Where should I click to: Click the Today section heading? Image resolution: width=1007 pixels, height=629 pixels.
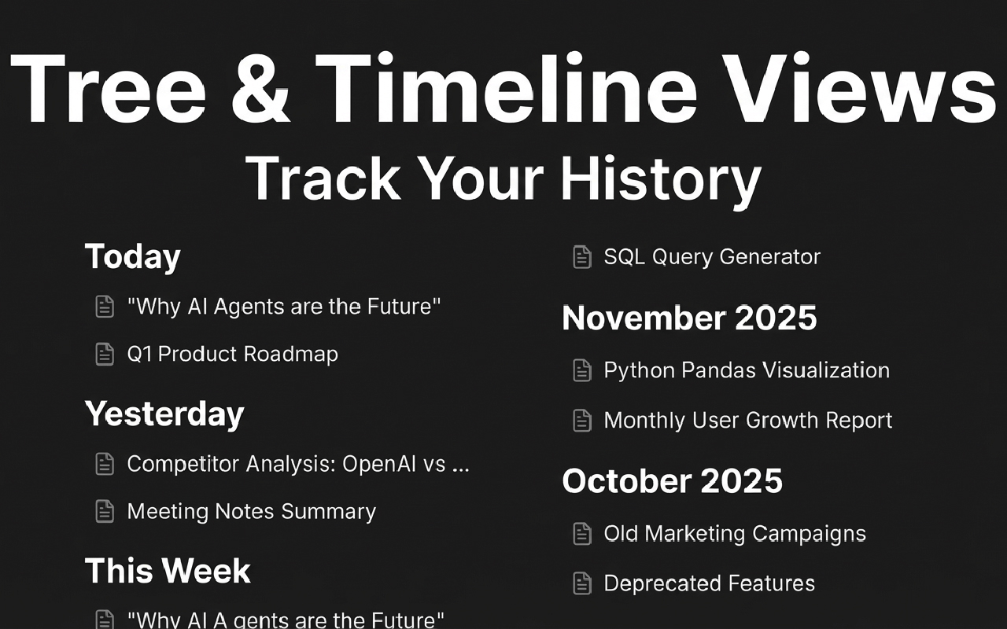[133, 257]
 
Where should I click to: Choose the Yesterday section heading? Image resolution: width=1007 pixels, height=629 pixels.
[164, 414]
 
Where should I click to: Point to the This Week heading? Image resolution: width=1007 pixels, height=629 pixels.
[168, 571]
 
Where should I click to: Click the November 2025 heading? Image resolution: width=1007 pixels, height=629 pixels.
[689, 318]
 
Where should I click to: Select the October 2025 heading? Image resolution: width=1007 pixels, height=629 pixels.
[672, 480]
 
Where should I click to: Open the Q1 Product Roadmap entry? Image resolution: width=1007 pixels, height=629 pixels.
[232, 354]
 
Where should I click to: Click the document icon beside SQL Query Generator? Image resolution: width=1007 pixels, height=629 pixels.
[581, 257]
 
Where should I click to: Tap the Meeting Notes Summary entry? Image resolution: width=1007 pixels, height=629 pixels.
[251, 511]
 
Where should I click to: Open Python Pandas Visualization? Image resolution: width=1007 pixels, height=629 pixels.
[747, 370]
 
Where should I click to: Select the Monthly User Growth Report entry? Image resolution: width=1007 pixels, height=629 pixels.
[748, 421]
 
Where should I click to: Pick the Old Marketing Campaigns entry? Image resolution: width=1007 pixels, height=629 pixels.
[735, 534]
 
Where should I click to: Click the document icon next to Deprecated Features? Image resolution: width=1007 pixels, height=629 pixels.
[581, 583]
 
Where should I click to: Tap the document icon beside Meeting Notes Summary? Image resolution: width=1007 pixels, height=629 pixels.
[105, 512]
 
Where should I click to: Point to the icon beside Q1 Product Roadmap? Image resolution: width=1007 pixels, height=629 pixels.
[105, 354]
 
